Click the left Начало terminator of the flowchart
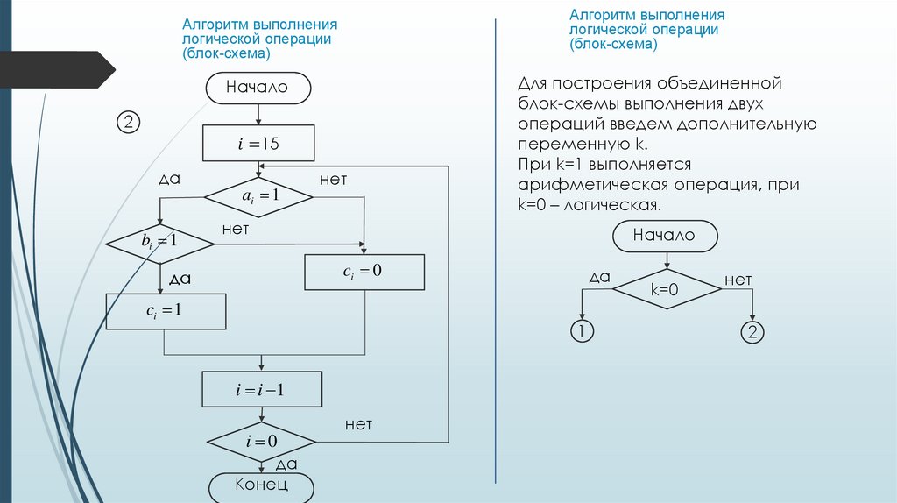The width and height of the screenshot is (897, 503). click(258, 88)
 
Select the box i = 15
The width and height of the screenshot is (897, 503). click(258, 144)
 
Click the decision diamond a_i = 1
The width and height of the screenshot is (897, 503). click(259, 196)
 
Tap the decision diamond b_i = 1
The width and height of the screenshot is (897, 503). click(160, 240)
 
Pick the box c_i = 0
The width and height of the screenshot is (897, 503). click(364, 271)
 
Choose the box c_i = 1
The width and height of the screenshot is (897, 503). click(166, 310)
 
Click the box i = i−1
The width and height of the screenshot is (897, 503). click(262, 390)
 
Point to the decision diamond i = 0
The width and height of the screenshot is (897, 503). click(261, 441)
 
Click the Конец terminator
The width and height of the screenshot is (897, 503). click(261, 485)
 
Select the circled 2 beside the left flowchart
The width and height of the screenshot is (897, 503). click(128, 123)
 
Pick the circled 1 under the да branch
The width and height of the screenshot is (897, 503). click(581, 331)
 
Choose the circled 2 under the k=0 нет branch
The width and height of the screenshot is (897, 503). click(752, 331)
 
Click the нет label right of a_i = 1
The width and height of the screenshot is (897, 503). click(333, 180)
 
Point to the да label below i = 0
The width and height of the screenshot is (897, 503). click(286, 464)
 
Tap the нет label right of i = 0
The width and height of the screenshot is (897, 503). click(358, 425)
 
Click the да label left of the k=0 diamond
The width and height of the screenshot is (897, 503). click(599, 278)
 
